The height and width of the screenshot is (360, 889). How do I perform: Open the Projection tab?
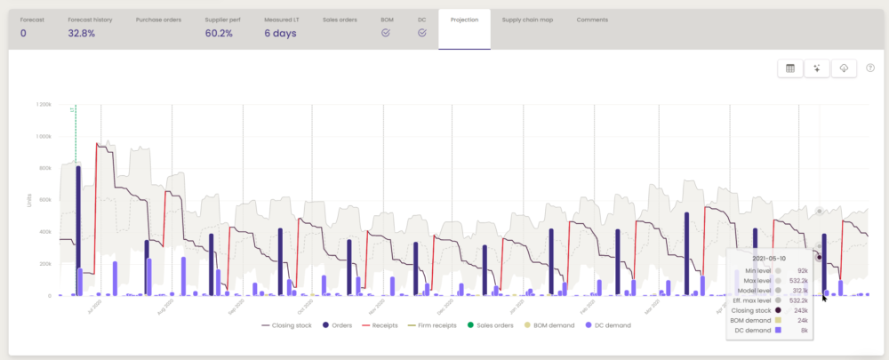(464, 19)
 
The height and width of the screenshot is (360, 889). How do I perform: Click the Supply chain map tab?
(527, 19)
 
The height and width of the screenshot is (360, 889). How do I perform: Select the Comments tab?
(592, 19)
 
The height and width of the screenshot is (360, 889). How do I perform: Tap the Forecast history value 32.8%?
(81, 34)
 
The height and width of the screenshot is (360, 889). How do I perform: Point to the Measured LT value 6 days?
(280, 34)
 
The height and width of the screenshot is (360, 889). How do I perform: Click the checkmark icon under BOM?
(386, 33)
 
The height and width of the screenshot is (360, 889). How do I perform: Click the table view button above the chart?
(789, 69)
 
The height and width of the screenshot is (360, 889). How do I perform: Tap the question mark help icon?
(870, 68)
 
